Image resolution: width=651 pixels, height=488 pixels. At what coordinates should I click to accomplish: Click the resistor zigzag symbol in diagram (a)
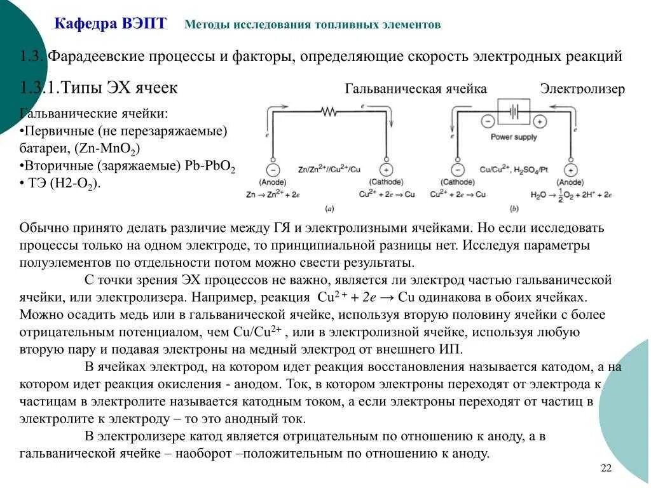point(329,112)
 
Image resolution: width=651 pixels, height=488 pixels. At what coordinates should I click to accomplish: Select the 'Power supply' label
point(513,137)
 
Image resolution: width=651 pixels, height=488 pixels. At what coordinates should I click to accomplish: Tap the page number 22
point(605,468)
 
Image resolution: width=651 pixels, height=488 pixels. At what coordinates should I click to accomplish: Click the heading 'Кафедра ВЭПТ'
point(111,24)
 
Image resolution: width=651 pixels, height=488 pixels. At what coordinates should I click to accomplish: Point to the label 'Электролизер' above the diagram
point(582,89)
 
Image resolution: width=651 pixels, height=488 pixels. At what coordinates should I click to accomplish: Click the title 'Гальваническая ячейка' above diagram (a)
point(416,89)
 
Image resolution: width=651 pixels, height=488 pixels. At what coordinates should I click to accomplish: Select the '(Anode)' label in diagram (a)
point(273,182)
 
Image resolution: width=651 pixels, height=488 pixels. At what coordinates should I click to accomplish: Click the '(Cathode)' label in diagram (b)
point(457,182)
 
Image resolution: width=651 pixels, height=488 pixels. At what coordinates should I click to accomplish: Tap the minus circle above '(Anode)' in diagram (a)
point(273,170)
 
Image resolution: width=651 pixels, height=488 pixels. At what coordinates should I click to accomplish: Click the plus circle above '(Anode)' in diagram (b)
point(571,170)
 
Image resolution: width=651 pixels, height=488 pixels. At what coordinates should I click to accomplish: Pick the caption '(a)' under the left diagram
point(330,208)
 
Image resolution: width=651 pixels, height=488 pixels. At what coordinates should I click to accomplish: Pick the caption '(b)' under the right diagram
point(514,208)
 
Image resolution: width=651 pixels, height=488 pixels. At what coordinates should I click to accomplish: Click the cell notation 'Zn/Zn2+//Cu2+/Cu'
point(329,170)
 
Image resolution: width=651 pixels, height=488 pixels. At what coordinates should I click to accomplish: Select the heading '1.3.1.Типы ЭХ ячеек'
point(99,88)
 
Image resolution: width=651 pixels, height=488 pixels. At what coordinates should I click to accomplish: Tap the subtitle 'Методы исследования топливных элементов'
point(312,25)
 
